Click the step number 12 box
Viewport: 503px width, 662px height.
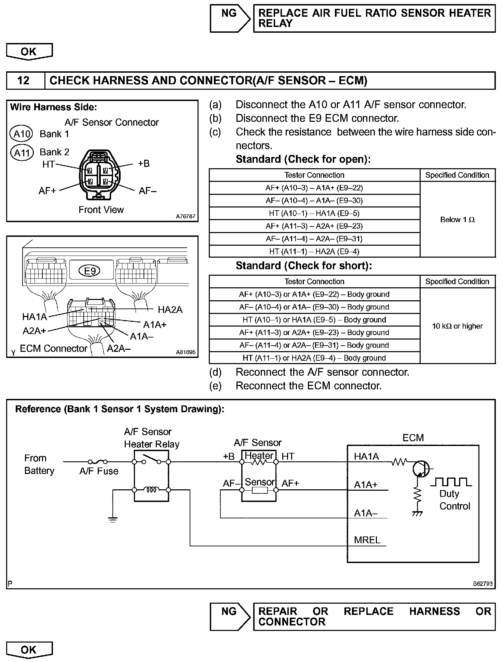(24, 81)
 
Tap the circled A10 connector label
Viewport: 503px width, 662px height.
(21, 134)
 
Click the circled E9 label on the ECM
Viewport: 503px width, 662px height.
(90, 271)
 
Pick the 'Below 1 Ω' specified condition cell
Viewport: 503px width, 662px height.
(457, 220)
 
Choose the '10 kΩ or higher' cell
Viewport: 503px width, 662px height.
(457, 326)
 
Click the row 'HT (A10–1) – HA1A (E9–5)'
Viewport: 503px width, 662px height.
(314, 214)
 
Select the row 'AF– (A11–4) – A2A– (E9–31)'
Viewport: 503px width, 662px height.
(314, 239)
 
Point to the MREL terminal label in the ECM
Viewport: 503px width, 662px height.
(367, 540)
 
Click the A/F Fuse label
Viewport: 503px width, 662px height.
(99, 471)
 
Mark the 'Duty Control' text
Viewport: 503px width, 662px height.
(454, 500)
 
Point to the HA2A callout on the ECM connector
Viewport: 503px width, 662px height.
(170, 310)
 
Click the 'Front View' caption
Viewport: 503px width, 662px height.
(101, 210)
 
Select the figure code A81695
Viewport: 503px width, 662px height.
(186, 352)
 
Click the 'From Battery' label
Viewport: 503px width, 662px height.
(39, 464)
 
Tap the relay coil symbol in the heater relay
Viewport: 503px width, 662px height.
(151, 490)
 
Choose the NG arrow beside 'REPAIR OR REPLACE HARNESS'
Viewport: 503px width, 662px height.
(230, 612)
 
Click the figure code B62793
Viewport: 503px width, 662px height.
(482, 584)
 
